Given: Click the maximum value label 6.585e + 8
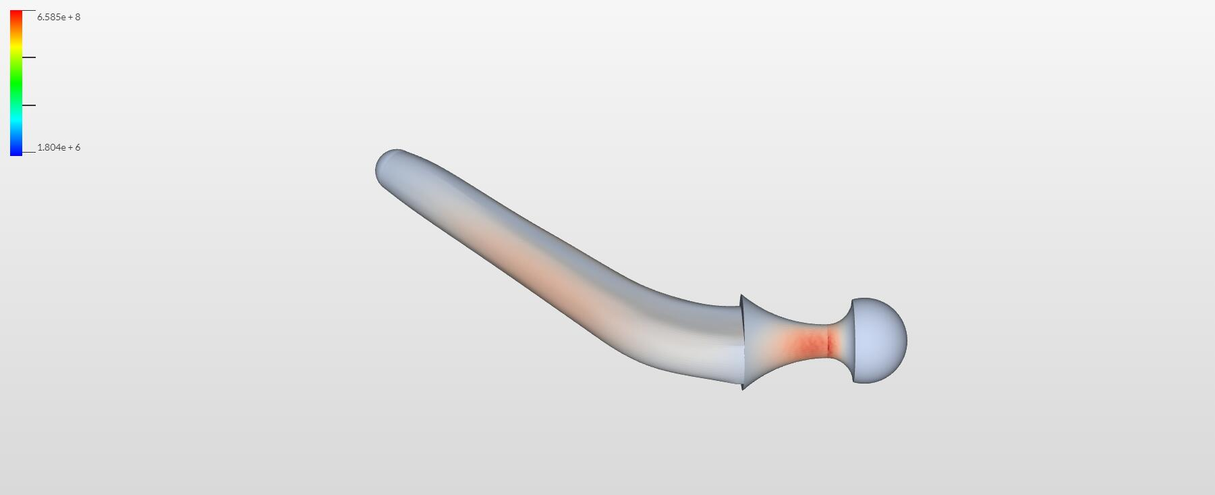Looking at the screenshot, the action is pyautogui.click(x=59, y=17).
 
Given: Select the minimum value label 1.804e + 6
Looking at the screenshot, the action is pyautogui.click(x=59, y=147).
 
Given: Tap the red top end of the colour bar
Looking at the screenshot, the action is pyautogui.click(x=16, y=14).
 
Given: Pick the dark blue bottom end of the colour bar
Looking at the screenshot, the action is pyautogui.click(x=16, y=151).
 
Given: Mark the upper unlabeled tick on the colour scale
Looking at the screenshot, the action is pyautogui.click(x=28, y=57).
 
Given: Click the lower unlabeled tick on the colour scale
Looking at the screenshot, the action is pyautogui.click(x=28, y=105).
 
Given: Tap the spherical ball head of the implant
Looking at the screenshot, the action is pyautogui.click(x=880, y=340).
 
